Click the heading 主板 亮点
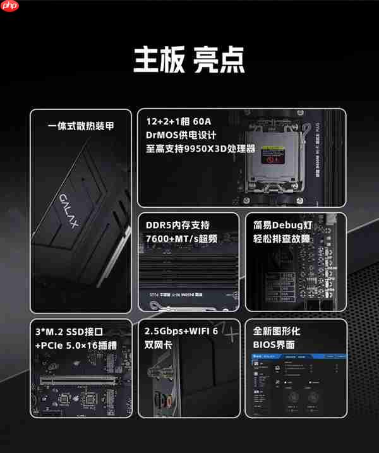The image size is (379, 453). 189,60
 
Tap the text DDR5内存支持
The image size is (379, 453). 177,225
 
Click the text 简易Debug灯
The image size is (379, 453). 281,225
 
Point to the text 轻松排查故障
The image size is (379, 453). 282,239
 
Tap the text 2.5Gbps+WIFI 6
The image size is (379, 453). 181,332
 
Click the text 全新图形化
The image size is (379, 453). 277,332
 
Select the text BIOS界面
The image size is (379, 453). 274,346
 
